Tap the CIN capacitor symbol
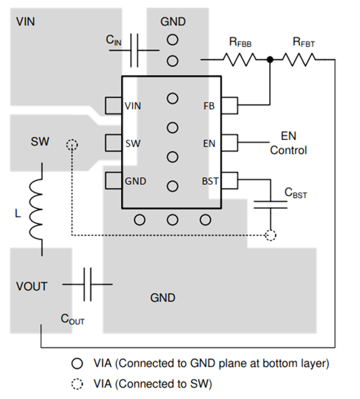(135, 50)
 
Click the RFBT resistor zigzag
(299, 58)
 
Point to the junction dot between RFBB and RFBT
(270, 58)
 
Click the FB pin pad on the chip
(230, 106)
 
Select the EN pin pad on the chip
(230, 142)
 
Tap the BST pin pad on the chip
(230, 180)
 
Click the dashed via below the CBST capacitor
(271, 234)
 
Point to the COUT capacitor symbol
(87, 284)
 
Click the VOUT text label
(32, 286)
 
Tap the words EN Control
(288, 143)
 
